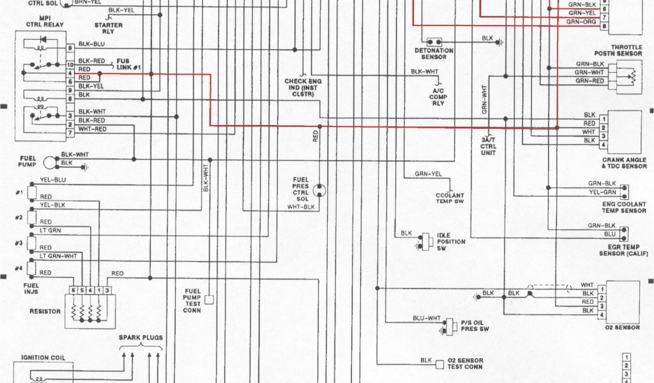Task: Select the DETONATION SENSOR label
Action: click(434, 54)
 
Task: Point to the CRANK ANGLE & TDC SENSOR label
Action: click(624, 163)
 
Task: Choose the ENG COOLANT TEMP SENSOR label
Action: click(624, 207)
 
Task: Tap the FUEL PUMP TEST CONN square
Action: click(208, 299)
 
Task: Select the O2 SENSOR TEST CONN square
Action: click(439, 364)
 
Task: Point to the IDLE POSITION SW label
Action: click(450, 241)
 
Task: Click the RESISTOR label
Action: click(45, 312)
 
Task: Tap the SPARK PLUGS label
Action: click(141, 337)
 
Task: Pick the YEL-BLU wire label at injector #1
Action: click(53, 180)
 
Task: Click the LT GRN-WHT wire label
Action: click(58, 256)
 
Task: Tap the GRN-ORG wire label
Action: click(581, 21)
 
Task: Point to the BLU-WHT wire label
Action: click(427, 318)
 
